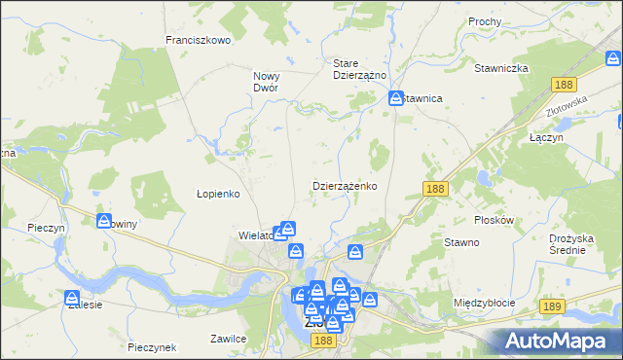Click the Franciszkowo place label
[x=198, y=40]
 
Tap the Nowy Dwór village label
[x=266, y=81]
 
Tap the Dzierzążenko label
[x=345, y=185]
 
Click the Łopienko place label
[x=218, y=194]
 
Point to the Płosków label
[x=493, y=220]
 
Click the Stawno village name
[x=461, y=242]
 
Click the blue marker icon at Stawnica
[x=396, y=98]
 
